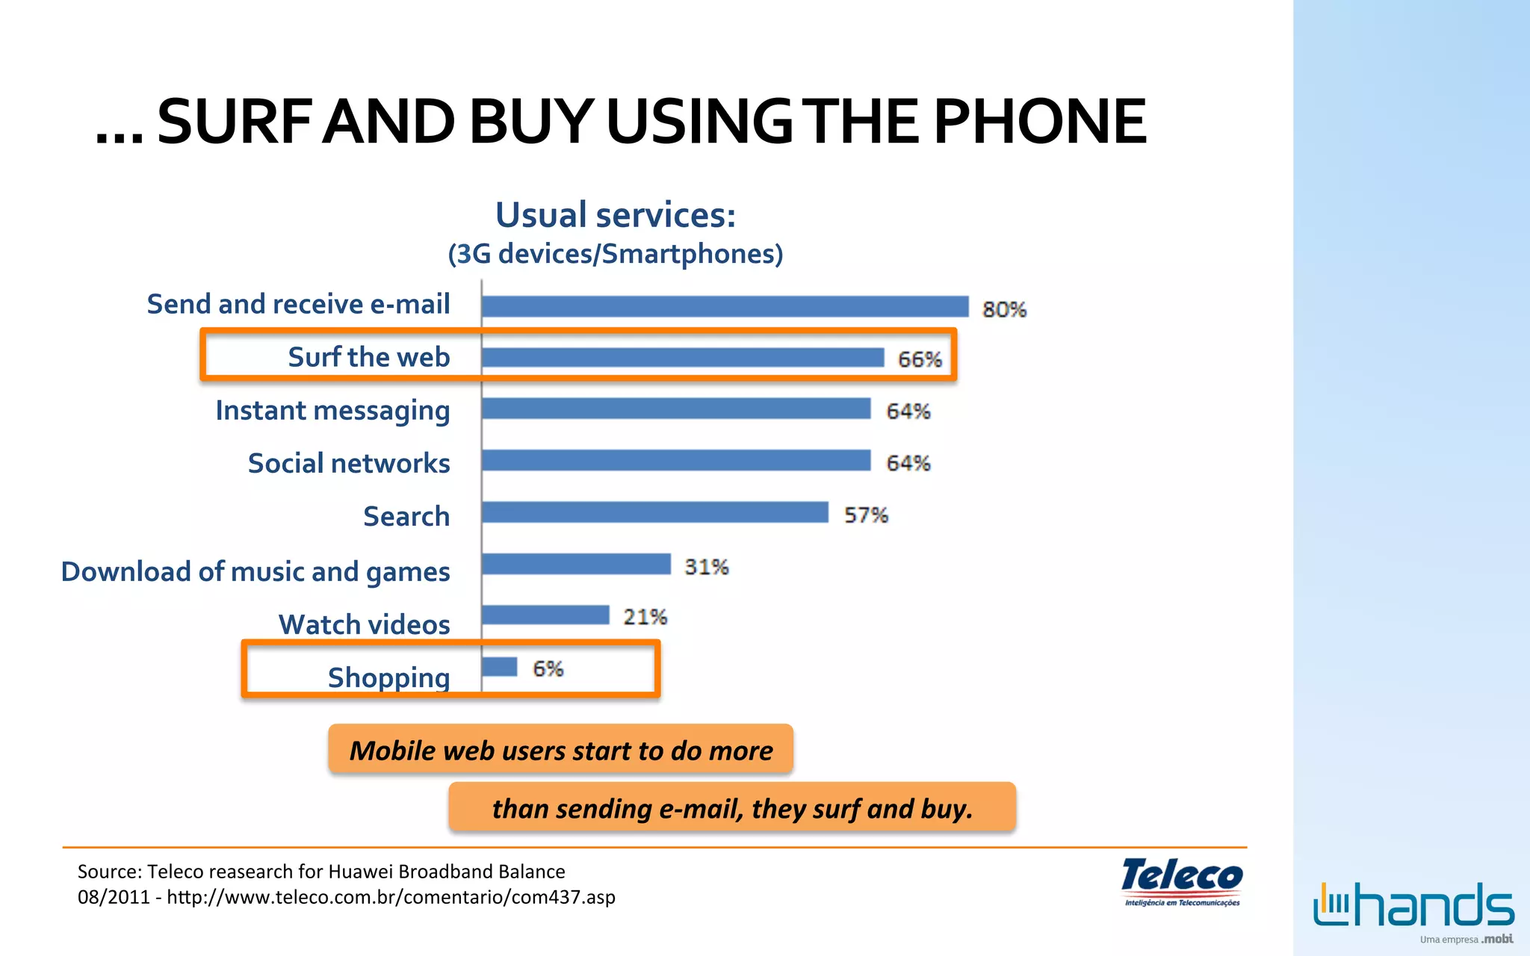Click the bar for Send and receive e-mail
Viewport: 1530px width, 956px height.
(725, 306)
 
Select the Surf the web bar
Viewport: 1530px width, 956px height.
(683, 358)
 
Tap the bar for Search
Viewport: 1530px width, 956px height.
(655, 512)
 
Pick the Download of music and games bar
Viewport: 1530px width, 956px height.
(576, 564)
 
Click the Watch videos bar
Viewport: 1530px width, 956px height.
(545, 615)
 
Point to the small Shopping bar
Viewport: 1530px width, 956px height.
(500, 666)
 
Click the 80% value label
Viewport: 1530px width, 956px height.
(1004, 309)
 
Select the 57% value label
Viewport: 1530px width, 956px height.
(866, 515)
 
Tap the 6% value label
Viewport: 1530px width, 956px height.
(548, 668)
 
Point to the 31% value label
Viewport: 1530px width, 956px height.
(706, 567)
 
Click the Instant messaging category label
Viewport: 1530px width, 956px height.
(332, 411)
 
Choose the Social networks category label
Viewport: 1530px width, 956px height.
(349, 464)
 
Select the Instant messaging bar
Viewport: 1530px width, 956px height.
(676, 409)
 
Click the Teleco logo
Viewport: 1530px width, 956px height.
(1182, 881)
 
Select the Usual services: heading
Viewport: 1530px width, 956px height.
(616, 215)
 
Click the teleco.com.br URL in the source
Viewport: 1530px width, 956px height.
(391, 897)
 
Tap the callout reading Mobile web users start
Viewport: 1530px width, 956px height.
(560, 750)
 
